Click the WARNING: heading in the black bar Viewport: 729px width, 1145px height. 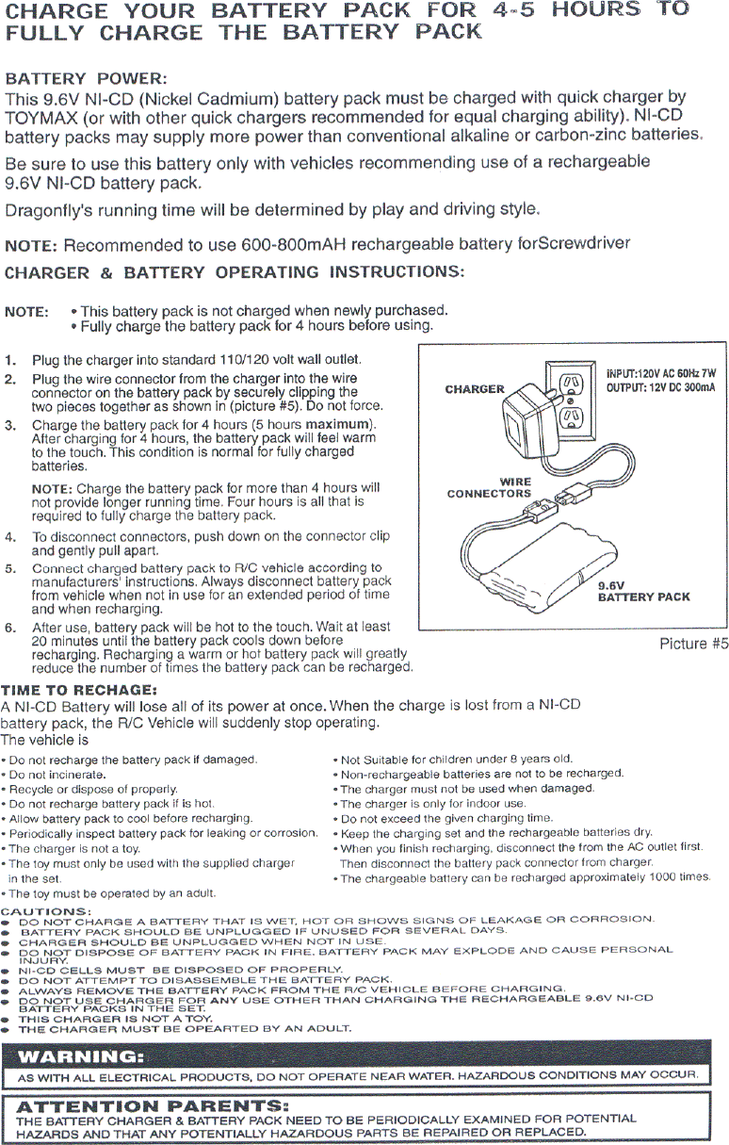tap(82, 1054)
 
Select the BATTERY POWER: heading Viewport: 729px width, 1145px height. tap(87, 77)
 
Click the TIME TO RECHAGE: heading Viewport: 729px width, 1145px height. tap(78, 689)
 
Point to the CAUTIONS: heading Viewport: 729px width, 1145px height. tap(46, 910)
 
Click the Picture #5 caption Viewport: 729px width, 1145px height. tap(694, 644)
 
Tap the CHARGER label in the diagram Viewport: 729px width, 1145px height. tap(475, 389)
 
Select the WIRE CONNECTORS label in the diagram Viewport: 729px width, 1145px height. tap(489, 487)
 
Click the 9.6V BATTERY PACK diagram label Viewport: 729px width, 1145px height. tap(644, 591)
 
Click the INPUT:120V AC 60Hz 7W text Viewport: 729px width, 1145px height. tap(661, 372)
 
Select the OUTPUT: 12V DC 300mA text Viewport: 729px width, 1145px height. tap(661, 387)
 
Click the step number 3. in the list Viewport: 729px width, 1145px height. tap(10, 424)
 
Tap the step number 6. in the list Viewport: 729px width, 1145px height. tap(10, 628)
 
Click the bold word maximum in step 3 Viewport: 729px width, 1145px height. tap(340, 424)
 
